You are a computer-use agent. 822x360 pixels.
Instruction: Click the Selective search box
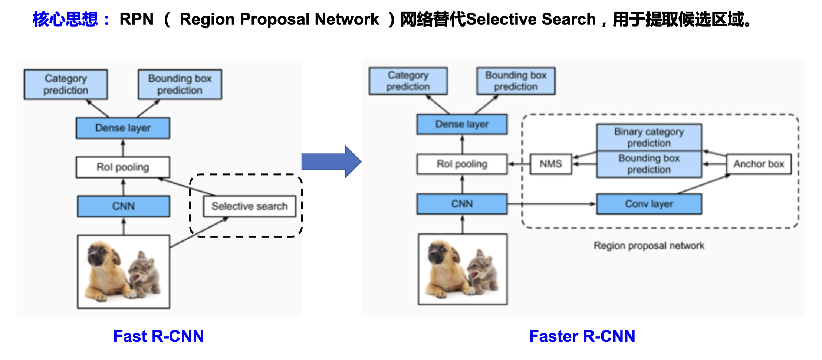click(x=249, y=206)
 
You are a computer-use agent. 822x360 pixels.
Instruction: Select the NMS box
click(x=551, y=164)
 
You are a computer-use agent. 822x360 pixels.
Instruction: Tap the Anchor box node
click(x=759, y=164)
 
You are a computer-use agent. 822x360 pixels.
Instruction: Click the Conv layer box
click(x=649, y=204)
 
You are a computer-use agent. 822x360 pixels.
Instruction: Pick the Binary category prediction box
click(x=649, y=137)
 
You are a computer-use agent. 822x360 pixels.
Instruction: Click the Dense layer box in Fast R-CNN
click(x=123, y=128)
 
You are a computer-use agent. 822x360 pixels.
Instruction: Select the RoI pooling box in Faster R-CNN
click(x=462, y=164)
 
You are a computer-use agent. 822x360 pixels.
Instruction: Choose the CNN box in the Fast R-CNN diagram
click(x=124, y=206)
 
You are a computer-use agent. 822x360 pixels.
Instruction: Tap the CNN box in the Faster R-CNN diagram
click(x=462, y=204)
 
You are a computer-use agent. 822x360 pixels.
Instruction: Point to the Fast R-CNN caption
click(x=158, y=336)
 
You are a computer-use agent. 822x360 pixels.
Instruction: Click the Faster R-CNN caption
click(x=582, y=336)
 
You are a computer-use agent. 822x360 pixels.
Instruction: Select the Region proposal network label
click(x=649, y=246)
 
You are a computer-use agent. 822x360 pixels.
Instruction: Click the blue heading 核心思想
click(x=65, y=19)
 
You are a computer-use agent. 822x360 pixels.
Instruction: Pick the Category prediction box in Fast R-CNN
click(x=66, y=84)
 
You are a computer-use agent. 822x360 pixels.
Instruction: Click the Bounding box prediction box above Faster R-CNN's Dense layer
click(x=516, y=81)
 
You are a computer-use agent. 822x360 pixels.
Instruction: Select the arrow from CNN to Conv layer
click(x=551, y=204)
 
